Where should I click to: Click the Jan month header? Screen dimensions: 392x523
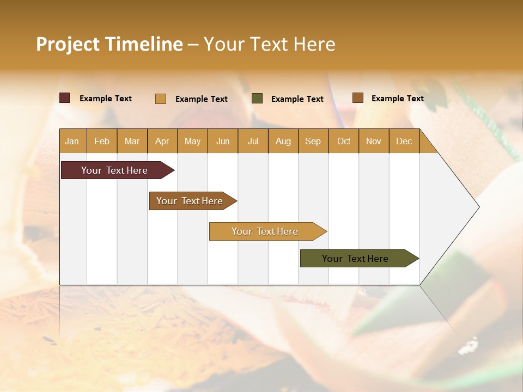[x=72, y=141]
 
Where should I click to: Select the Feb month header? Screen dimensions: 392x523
[x=102, y=141]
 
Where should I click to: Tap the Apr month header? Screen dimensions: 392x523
[x=162, y=141]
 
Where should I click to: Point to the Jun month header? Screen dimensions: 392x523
[x=223, y=141]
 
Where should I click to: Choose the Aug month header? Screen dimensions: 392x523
[x=283, y=141]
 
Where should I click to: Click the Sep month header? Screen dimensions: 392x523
[x=313, y=141]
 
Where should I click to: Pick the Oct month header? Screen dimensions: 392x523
[x=344, y=141]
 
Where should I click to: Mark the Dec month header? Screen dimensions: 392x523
[x=404, y=141]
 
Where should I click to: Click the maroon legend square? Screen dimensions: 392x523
[x=65, y=98]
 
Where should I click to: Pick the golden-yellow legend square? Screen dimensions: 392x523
[x=161, y=99]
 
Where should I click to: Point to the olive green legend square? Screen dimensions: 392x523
[x=257, y=99]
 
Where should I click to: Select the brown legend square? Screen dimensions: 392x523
[x=357, y=98]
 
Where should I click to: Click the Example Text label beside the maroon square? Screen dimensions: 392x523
[x=106, y=99]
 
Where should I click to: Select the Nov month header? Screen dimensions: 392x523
[x=374, y=141]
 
